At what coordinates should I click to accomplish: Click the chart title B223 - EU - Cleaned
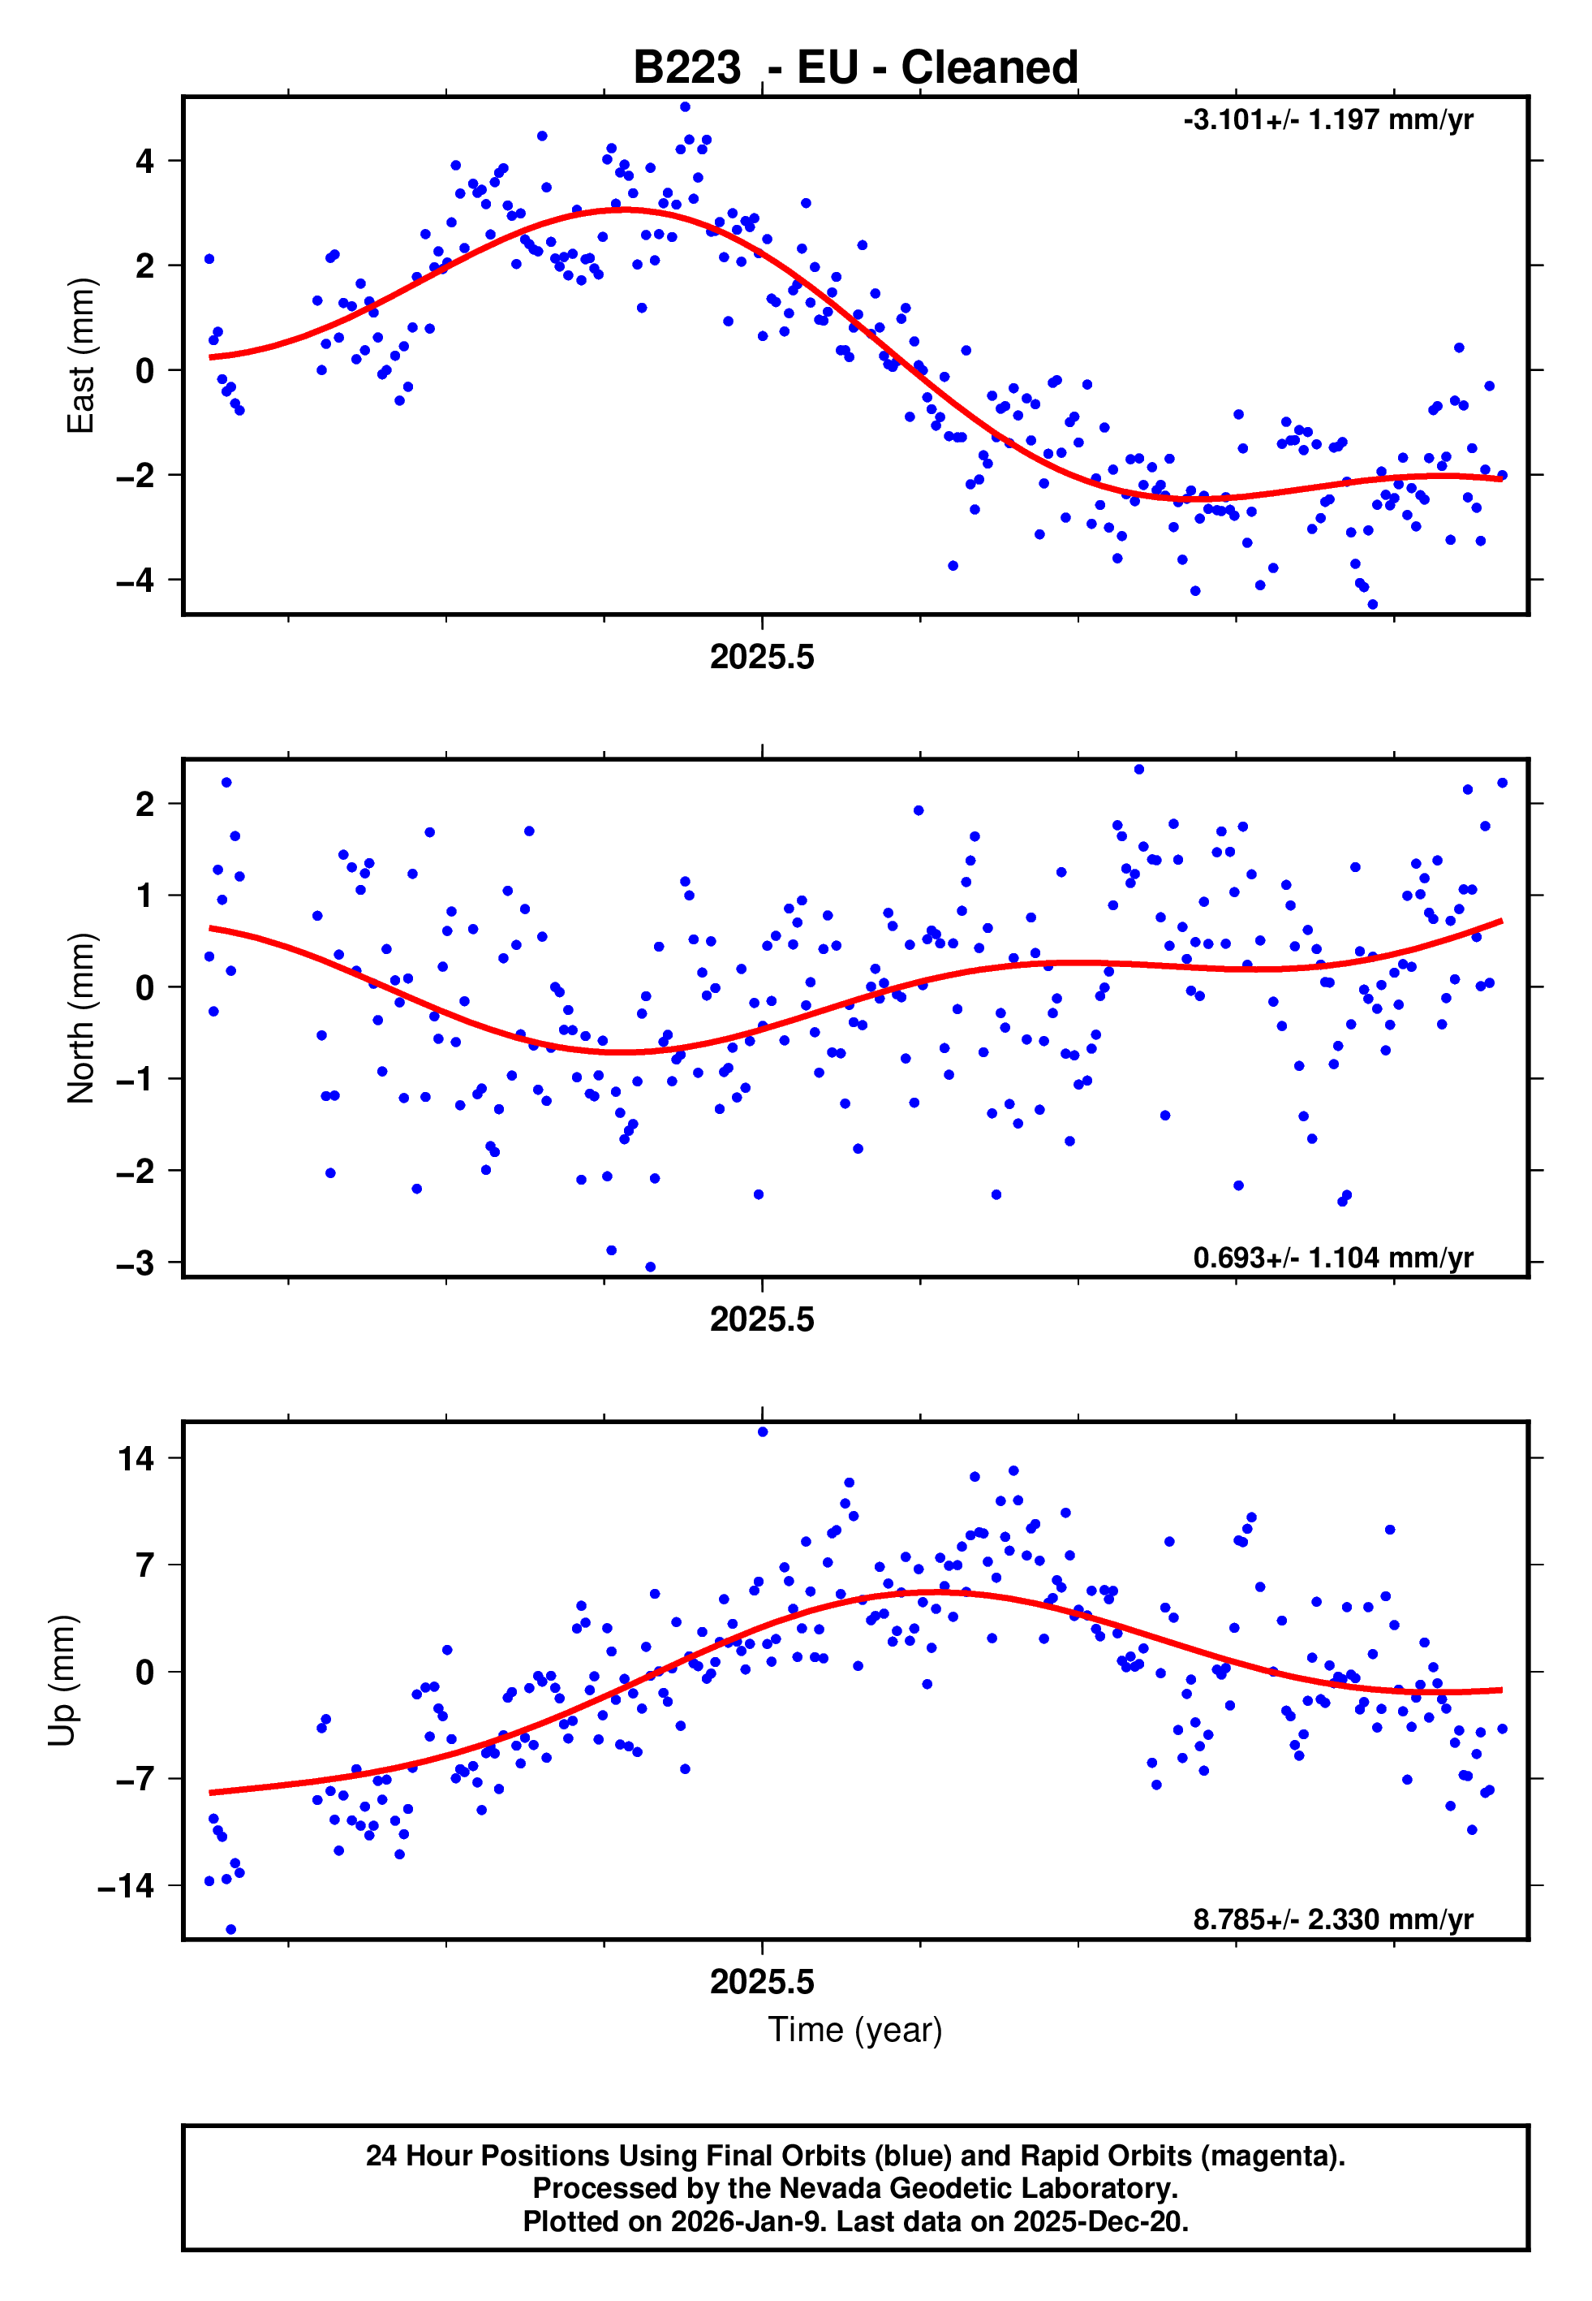[x=855, y=68]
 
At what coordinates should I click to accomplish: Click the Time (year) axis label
[x=855, y=2028]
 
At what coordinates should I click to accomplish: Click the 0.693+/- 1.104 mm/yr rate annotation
[x=1332, y=1257]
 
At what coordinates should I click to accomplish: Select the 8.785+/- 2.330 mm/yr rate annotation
[x=1332, y=1919]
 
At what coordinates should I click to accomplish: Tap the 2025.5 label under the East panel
[x=762, y=657]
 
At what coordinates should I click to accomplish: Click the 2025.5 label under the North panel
[x=762, y=1319]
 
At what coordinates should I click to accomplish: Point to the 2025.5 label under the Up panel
[x=762, y=1981]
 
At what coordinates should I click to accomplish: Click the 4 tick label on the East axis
[x=145, y=161]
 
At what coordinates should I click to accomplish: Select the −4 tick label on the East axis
[x=136, y=580]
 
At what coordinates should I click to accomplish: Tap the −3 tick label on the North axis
[x=136, y=1263]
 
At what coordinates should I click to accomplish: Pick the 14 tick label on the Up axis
[x=136, y=1459]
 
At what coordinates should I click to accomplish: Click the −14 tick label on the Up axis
[x=126, y=1886]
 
